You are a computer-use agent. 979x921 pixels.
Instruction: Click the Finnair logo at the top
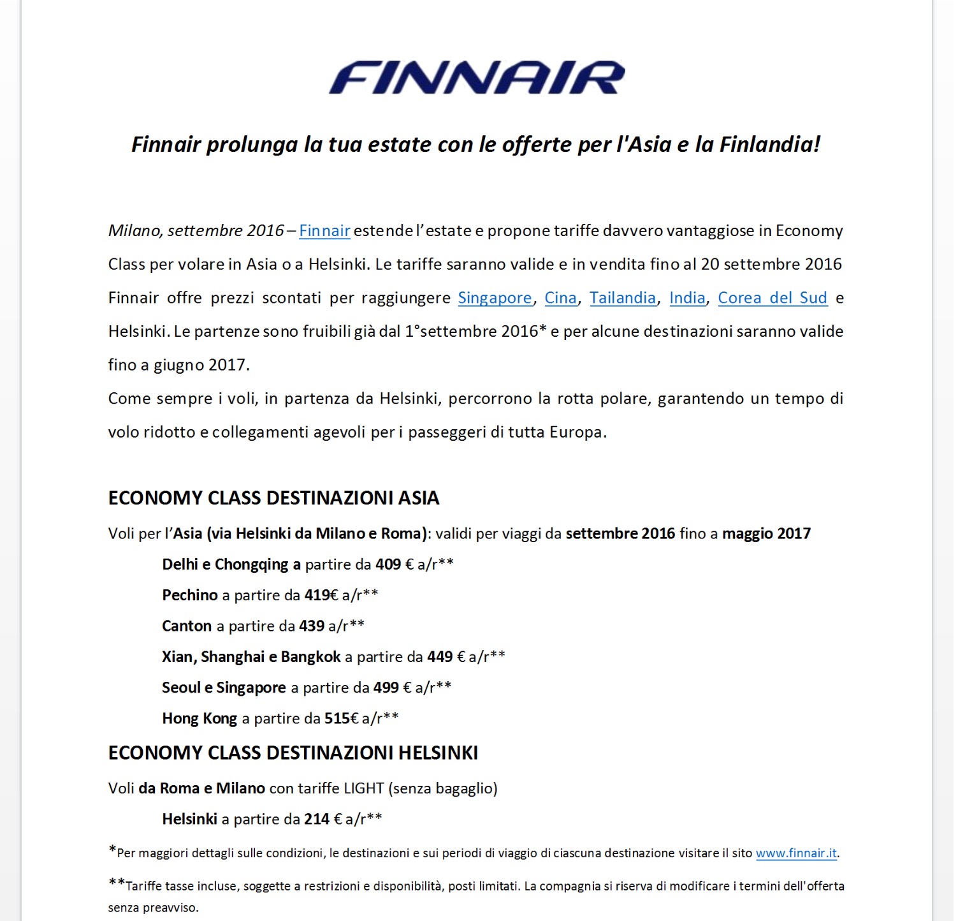(x=477, y=78)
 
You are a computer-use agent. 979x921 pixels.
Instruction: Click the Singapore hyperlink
(x=495, y=298)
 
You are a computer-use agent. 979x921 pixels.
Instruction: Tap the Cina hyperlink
(x=560, y=298)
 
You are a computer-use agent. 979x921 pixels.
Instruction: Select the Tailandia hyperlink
(x=623, y=298)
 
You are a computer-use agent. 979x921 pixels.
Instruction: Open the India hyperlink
(x=687, y=298)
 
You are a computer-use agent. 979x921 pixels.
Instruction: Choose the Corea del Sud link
(x=772, y=298)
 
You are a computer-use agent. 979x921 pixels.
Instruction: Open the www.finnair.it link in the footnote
(x=796, y=853)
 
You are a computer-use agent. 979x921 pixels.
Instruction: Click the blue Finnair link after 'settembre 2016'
(x=324, y=231)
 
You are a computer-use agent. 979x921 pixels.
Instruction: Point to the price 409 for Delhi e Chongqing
(x=388, y=564)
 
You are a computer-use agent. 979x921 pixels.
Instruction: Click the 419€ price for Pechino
(x=321, y=595)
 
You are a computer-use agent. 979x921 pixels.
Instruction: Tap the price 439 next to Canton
(x=312, y=626)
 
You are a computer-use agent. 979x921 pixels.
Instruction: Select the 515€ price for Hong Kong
(x=342, y=719)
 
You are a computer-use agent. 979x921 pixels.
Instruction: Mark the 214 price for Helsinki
(x=317, y=819)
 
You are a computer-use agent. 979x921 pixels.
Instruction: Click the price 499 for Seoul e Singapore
(x=386, y=688)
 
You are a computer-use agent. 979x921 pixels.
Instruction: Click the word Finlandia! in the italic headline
(x=770, y=145)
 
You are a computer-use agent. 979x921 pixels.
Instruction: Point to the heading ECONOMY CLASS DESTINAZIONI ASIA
(x=274, y=498)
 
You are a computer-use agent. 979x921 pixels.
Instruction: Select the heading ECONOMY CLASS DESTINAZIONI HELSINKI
(x=293, y=753)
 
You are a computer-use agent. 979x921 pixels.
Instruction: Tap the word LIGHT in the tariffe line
(x=364, y=788)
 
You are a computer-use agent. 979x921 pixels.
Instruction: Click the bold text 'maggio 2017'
(x=766, y=534)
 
